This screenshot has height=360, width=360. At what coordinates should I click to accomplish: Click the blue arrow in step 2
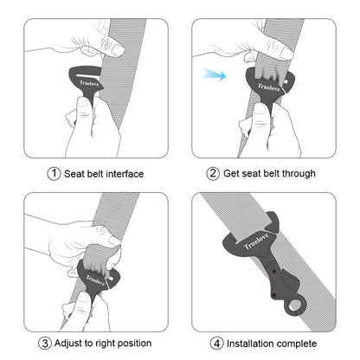[215, 76]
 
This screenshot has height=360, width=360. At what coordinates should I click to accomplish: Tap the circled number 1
[54, 174]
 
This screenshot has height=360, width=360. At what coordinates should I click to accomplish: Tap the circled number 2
[213, 174]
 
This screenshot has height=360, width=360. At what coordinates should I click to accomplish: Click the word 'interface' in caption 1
[122, 174]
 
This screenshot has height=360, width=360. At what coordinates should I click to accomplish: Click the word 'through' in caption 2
[297, 174]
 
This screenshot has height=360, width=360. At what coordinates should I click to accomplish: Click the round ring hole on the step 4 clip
[298, 307]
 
